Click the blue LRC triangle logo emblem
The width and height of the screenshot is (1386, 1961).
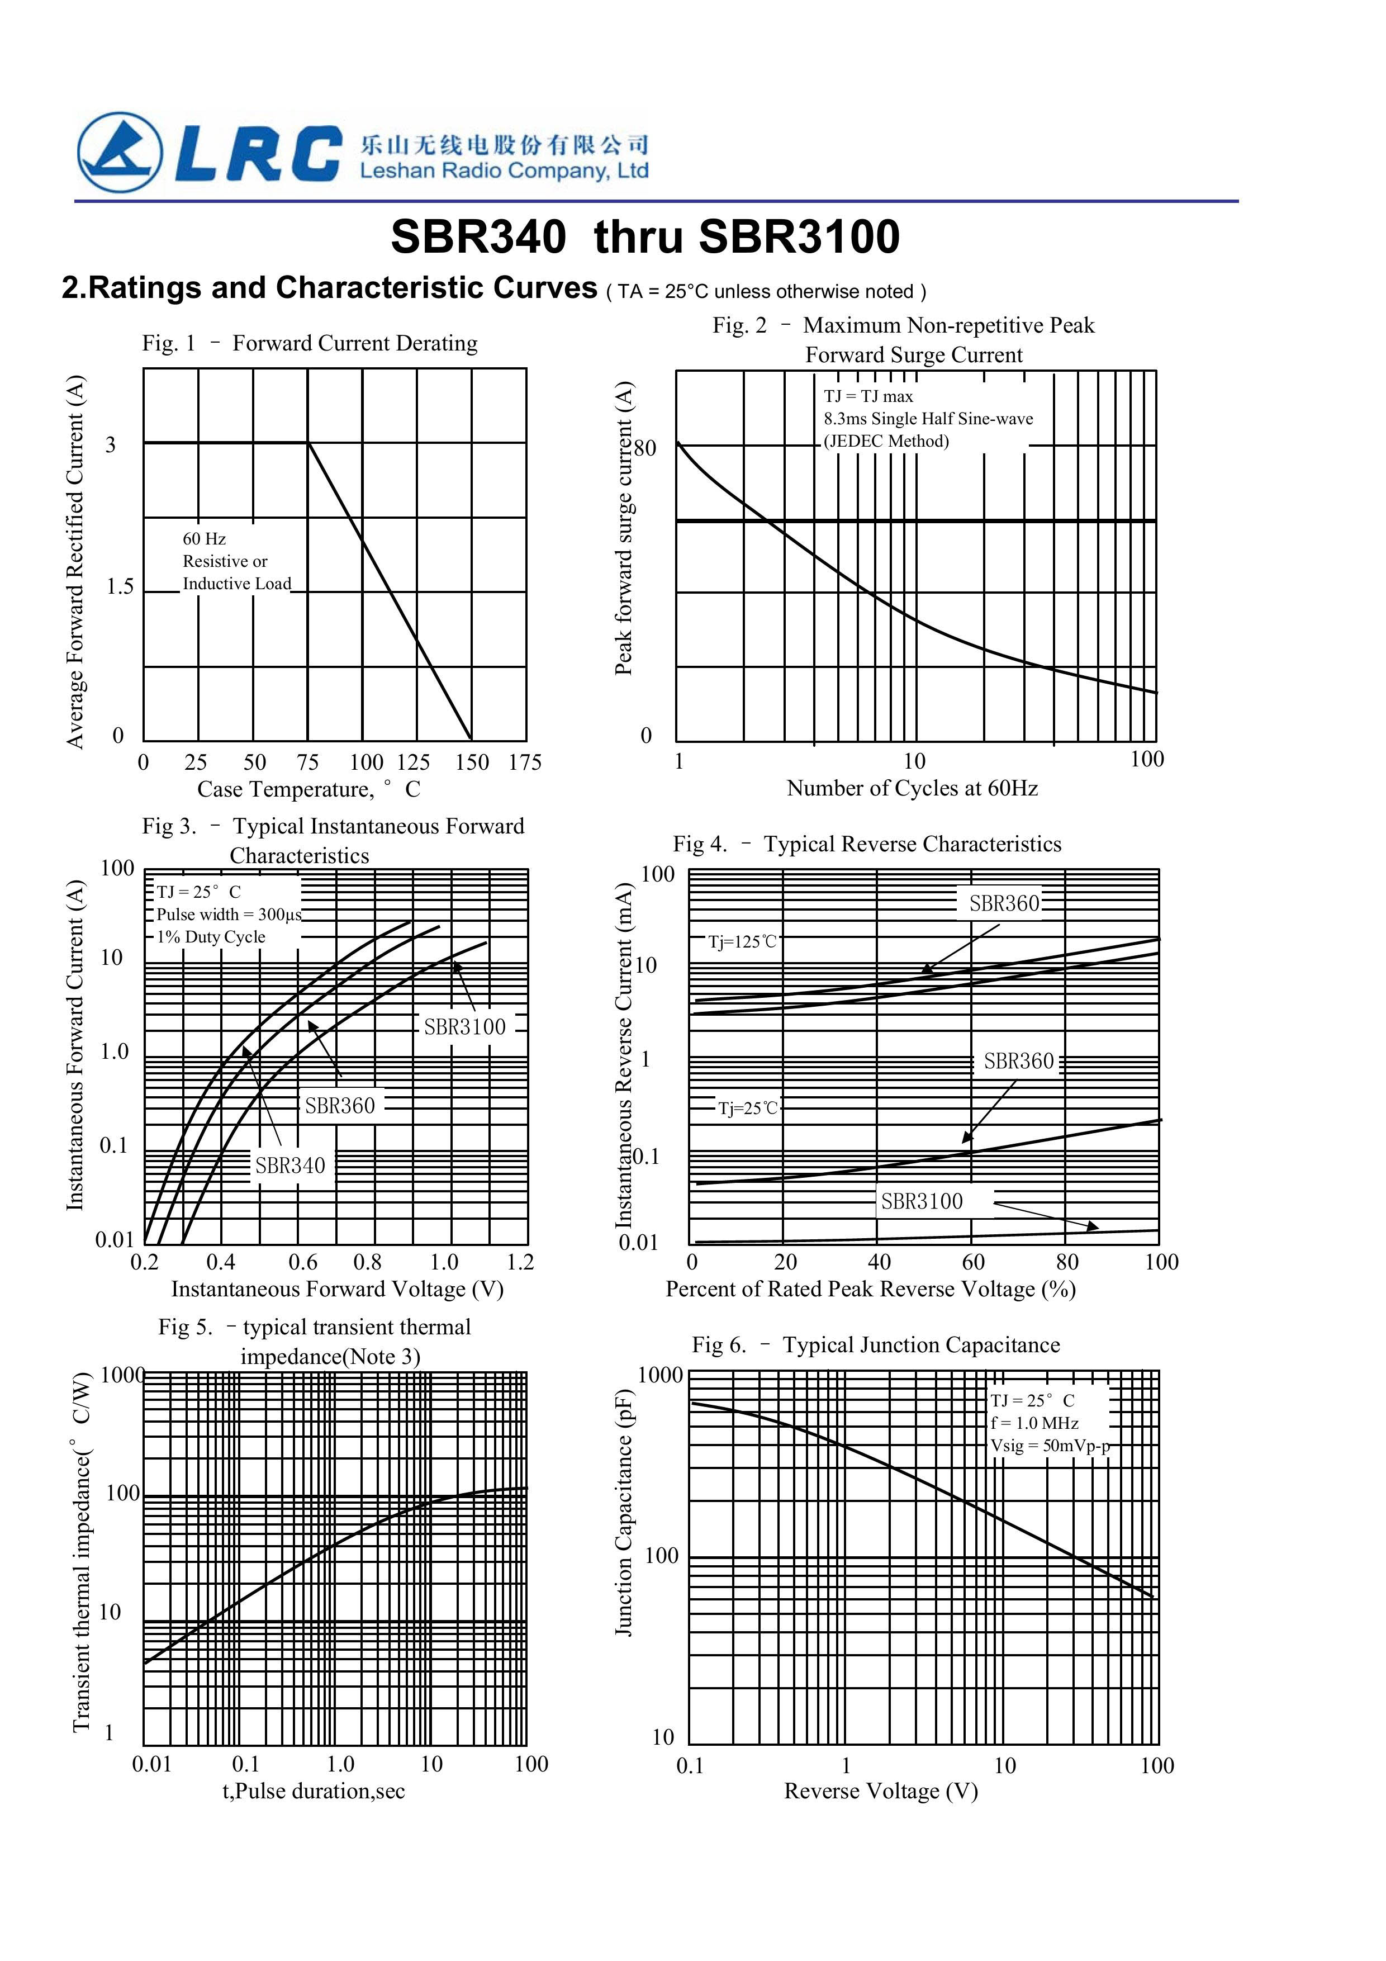[x=120, y=153]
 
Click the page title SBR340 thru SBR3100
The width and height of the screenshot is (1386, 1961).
[x=645, y=236]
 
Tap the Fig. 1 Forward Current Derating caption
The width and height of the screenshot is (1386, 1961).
[x=309, y=343]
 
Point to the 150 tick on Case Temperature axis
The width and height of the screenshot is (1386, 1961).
[x=471, y=762]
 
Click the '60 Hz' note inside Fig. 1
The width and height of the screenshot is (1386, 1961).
[x=204, y=539]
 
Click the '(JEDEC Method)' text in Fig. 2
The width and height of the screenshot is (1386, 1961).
[x=886, y=442]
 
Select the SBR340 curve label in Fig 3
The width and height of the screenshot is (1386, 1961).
[x=291, y=1165]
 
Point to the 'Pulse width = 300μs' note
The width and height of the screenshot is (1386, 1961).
[x=229, y=915]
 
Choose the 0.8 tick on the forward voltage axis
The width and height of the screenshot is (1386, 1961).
[x=367, y=1262]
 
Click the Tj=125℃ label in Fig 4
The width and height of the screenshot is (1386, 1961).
[x=743, y=942]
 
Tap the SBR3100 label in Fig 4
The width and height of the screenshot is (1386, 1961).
[x=922, y=1202]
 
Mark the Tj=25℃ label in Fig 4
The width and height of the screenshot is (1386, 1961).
[x=748, y=1109]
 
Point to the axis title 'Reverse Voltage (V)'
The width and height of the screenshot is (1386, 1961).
[x=880, y=1791]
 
